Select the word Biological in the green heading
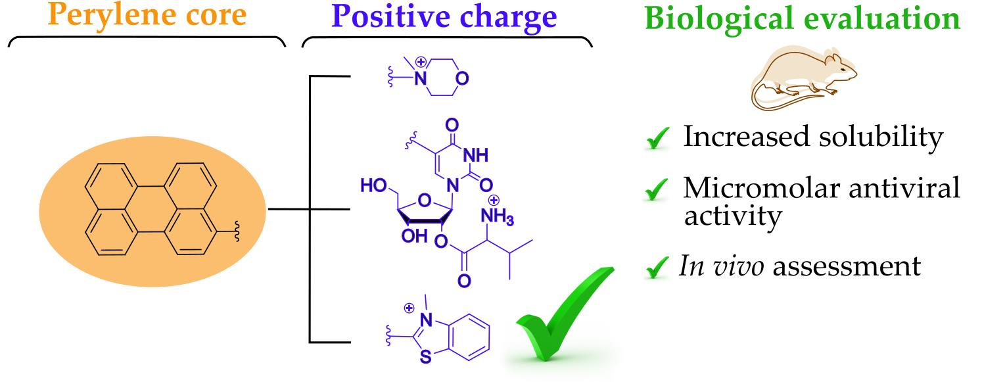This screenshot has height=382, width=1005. pos(720,19)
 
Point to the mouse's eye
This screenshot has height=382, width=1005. pos(842,70)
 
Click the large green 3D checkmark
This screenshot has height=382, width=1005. pos(565,314)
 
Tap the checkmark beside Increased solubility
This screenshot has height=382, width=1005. pos(658,137)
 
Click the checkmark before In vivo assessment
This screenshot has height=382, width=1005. pos(657,267)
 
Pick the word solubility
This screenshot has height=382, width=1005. pos(881,137)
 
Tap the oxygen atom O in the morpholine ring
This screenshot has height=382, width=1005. pos(461,78)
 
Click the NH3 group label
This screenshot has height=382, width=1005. pos(497,217)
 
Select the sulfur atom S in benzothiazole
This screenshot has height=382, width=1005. pos(425,357)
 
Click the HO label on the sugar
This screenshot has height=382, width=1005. pos(374,185)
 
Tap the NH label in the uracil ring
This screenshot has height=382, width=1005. pos(476,155)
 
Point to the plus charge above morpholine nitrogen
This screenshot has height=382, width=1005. pos(421,62)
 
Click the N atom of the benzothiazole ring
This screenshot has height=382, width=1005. pos(426,320)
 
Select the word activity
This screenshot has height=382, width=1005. pos(733,217)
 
